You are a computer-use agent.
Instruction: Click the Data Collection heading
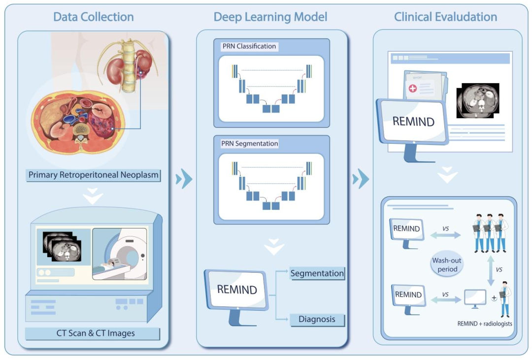[x=93, y=17]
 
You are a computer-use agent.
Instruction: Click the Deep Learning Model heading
[x=270, y=17]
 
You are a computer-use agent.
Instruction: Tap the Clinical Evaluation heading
[x=445, y=17]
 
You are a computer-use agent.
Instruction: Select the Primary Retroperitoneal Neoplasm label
[x=94, y=175]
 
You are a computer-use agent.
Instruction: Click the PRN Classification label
[x=249, y=46]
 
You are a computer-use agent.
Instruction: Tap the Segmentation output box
[x=317, y=273]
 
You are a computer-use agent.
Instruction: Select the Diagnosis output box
[x=317, y=319]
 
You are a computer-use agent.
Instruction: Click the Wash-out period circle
[x=445, y=265]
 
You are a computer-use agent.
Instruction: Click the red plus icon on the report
[x=412, y=88]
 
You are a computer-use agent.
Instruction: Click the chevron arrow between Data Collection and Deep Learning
[x=184, y=178]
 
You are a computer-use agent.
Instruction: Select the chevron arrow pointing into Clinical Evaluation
[x=361, y=178]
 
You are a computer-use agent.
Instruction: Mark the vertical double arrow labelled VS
[x=491, y=269]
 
